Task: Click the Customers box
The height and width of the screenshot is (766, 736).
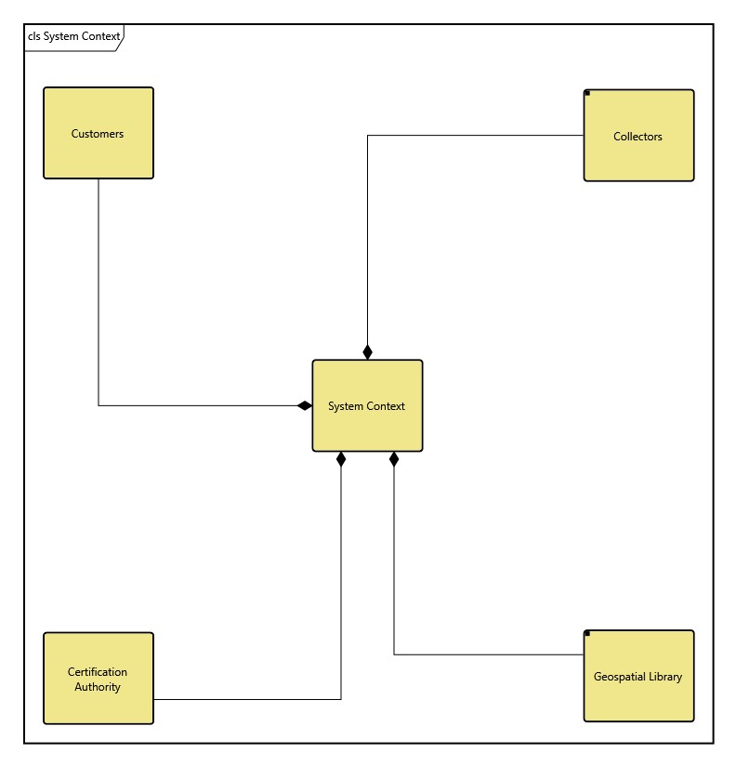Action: pos(98,133)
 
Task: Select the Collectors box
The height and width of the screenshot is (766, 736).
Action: pos(638,136)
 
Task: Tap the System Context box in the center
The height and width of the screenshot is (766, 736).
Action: pos(367,405)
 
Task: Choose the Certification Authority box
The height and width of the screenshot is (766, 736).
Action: pos(98,679)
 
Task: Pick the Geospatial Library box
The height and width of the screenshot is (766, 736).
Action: pos(638,676)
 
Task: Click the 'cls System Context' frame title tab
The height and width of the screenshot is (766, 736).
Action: pos(73,37)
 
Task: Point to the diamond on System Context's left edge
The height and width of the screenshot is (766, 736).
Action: pos(304,405)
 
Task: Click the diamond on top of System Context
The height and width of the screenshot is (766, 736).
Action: pos(367,351)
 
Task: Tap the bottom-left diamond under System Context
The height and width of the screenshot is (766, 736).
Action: pos(341,459)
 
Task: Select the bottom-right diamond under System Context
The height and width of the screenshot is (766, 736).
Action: pos(394,459)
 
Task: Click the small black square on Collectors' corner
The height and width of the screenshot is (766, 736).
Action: pos(587,93)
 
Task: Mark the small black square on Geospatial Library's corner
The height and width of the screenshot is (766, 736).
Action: pos(587,634)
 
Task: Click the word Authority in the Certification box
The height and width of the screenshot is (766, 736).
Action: pos(98,687)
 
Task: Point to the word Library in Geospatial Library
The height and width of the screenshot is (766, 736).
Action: pos(664,677)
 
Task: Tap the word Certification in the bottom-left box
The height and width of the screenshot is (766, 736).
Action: pos(98,672)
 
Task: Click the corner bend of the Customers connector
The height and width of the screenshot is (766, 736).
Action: pos(99,405)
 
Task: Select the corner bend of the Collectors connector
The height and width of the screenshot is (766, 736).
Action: pos(367,136)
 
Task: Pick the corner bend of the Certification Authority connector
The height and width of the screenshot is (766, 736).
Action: pos(341,699)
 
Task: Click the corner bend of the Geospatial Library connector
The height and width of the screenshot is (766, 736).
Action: pos(394,654)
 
